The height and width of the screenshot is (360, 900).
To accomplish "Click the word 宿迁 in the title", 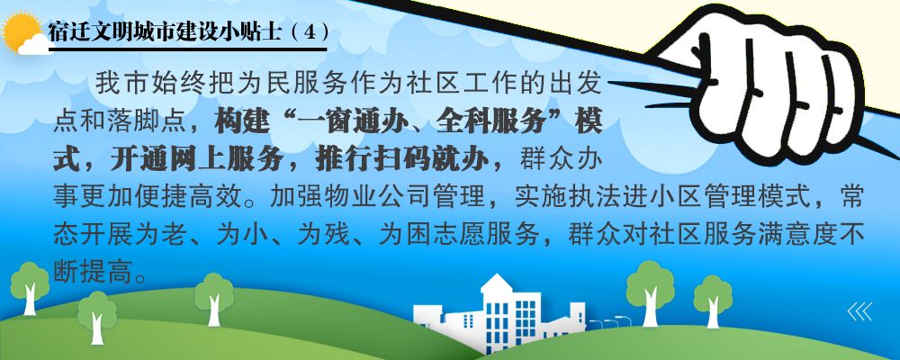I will (x=67, y=33).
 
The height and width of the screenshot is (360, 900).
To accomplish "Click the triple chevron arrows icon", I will (x=859, y=311).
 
